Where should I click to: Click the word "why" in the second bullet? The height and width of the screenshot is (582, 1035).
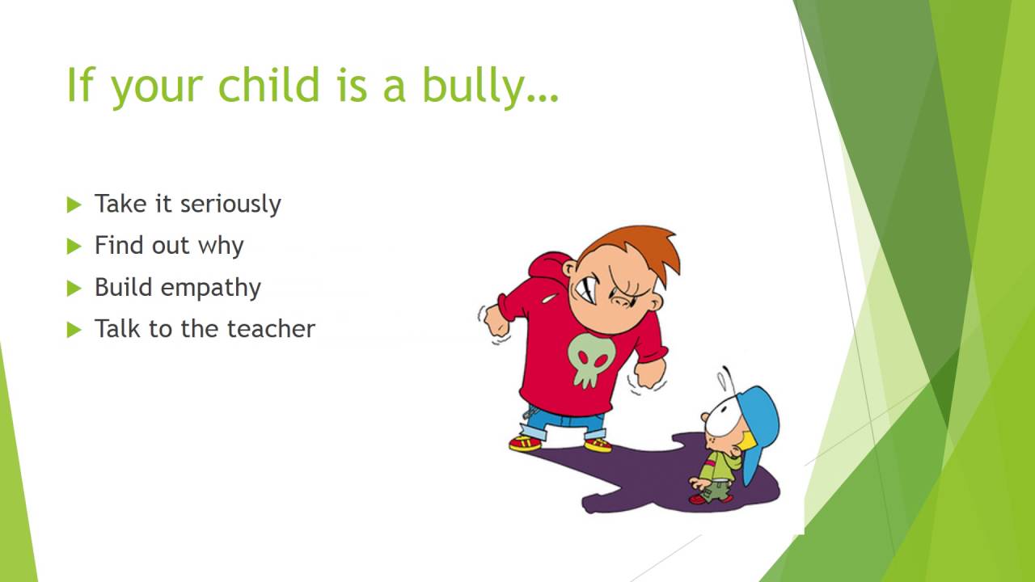[220, 246]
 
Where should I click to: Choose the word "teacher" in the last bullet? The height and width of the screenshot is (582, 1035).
[271, 328]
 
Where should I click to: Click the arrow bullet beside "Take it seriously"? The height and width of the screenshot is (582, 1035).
[74, 205]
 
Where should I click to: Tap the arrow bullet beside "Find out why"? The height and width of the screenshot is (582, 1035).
[74, 246]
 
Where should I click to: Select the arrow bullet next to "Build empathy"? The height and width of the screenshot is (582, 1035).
[74, 288]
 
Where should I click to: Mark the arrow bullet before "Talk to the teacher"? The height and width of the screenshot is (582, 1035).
[74, 329]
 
